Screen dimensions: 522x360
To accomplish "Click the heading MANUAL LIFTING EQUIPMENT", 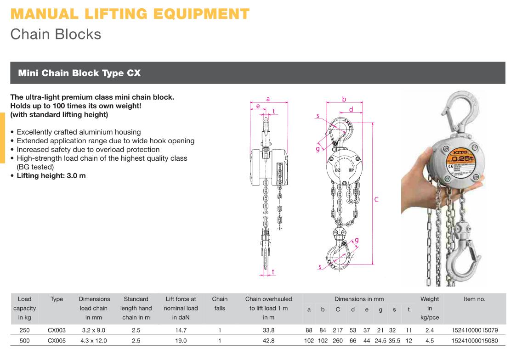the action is (130, 14).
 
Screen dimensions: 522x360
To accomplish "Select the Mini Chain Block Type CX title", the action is (79, 73).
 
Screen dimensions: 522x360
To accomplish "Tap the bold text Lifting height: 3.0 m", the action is (51, 176).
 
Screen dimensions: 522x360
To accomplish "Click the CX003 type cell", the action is (57, 331).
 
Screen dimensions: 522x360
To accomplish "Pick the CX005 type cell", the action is (57, 341).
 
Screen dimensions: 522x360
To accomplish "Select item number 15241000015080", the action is (475, 341).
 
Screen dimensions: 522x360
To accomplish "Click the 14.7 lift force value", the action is (181, 331).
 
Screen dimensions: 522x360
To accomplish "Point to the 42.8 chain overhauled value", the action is (269, 341).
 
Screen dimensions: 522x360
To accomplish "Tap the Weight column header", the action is (430, 308).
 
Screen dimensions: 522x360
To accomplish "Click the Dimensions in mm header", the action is (359, 299).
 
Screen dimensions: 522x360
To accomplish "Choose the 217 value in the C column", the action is (338, 331).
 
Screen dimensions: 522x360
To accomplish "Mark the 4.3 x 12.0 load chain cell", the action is (94, 341).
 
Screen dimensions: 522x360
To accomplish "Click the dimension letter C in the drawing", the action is (376, 200).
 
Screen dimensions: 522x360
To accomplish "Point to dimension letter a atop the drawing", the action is (268, 99).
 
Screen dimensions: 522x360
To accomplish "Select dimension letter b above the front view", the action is (344, 99).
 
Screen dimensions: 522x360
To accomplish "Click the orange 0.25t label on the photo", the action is (462, 158).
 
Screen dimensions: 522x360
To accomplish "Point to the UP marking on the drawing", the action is (351, 170).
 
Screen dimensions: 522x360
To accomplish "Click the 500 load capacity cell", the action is (25, 341).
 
